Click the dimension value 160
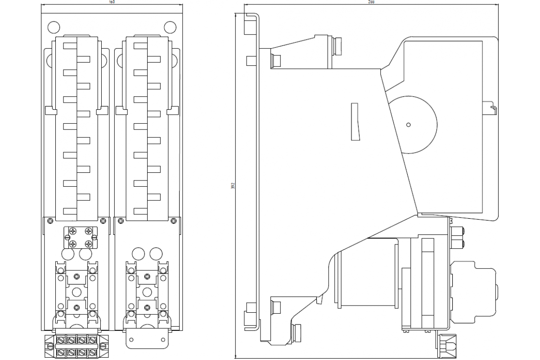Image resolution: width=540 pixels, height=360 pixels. tap(112, 2)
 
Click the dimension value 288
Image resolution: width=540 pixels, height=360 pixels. tap(372, 2)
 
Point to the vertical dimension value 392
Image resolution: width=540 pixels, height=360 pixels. tap(233, 185)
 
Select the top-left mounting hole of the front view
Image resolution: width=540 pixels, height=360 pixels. tap(53, 27)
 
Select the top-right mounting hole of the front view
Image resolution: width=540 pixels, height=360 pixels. tap(170, 27)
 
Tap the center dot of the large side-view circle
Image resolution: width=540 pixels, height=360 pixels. tap(408, 125)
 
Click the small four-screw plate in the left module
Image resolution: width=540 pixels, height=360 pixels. tap(80, 237)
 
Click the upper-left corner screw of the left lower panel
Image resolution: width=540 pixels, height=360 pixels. tap(50, 220)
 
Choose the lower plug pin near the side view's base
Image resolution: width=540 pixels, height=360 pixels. tap(297, 333)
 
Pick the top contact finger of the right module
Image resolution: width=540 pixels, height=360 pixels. tap(140, 45)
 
